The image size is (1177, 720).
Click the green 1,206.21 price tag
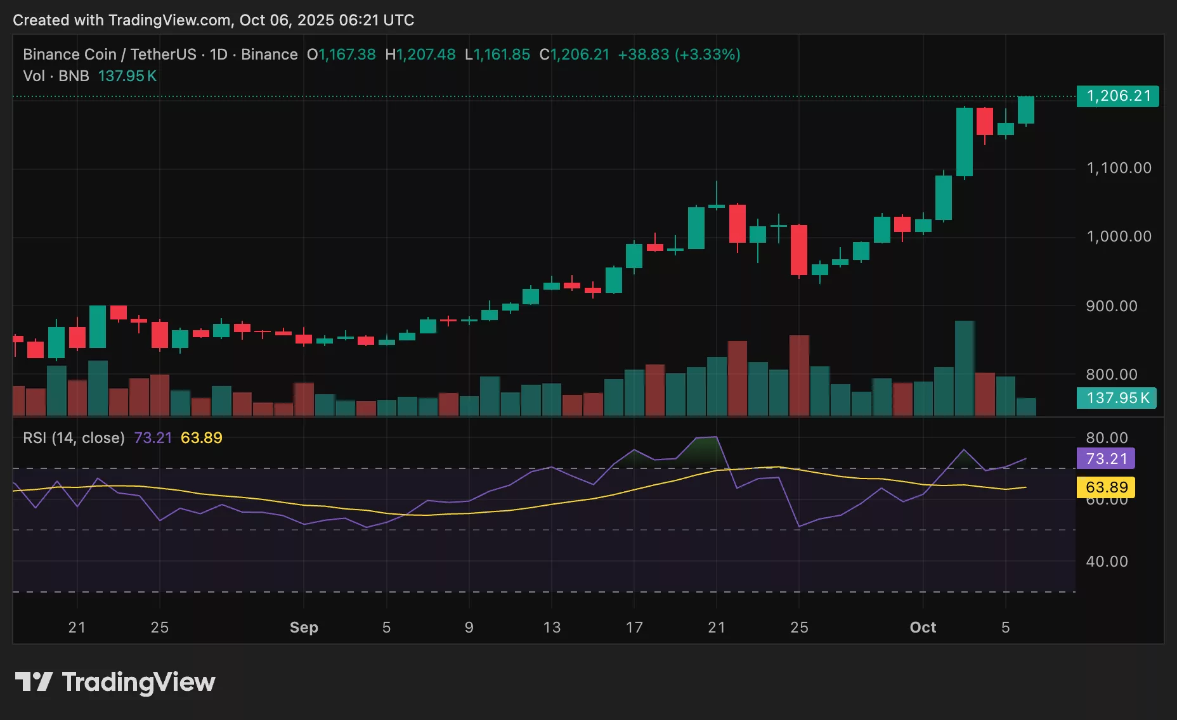coord(1117,96)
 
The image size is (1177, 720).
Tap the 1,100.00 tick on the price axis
coord(1119,168)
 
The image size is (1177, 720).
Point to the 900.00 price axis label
coord(1111,306)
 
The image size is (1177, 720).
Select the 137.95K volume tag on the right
coord(1117,398)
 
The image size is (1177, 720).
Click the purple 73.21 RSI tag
coord(1106,459)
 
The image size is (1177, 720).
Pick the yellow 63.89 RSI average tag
coord(1106,487)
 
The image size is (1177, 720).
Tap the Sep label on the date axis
coord(304,627)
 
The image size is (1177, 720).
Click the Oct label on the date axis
coord(923,627)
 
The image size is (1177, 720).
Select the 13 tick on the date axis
coord(552,627)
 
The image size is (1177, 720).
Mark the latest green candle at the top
coord(1026,110)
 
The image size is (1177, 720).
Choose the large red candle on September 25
coord(799,250)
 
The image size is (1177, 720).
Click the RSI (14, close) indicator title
coord(74,438)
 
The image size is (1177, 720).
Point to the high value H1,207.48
coord(420,55)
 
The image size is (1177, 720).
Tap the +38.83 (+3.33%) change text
coord(679,55)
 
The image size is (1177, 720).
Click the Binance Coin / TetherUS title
coord(109,55)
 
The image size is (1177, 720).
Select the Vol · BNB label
coord(56,76)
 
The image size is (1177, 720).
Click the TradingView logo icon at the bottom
coord(33,682)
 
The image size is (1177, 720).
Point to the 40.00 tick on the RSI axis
coord(1107,562)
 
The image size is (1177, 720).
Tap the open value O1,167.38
coord(341,55)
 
